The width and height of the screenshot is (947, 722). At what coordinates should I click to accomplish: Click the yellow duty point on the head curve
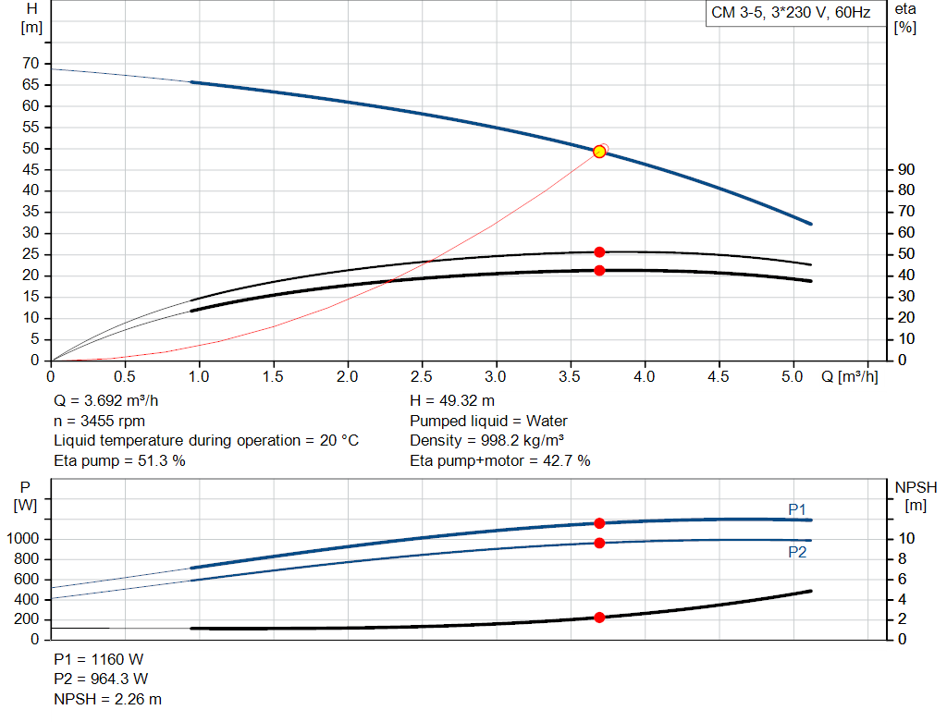[599, 152]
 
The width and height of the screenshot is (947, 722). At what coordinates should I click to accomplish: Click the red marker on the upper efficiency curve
[599, 251]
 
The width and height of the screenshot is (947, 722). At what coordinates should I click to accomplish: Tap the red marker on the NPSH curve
[599, 617]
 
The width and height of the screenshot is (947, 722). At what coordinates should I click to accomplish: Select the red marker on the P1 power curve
[599, 523]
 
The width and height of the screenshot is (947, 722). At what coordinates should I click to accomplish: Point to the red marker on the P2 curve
[599, 543]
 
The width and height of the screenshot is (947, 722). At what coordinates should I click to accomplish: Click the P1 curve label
[797, 509]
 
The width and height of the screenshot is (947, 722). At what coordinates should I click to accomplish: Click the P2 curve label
[797, 552]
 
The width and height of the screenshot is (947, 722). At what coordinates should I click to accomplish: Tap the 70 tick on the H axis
[31, 64]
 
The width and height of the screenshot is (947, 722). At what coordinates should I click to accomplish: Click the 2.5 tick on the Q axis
[422, 376]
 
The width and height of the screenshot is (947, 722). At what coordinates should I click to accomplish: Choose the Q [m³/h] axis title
[849, 376]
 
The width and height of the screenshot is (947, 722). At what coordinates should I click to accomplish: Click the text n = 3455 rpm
[100, 421]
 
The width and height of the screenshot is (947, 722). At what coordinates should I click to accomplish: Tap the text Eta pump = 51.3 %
[120, 460]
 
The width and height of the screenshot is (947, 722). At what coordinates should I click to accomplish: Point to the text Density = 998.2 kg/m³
[487, 440]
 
